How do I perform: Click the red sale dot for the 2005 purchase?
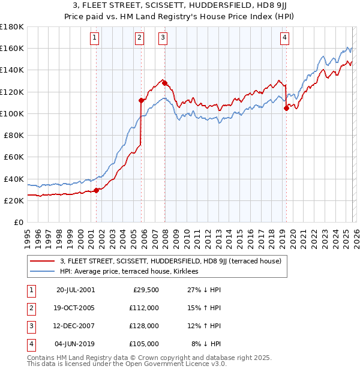[x=142, y=100]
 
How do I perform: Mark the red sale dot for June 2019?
[x=286, y=108]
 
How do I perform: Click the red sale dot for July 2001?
[x=96, y=190]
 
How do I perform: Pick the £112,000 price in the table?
[x=143, y=308]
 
